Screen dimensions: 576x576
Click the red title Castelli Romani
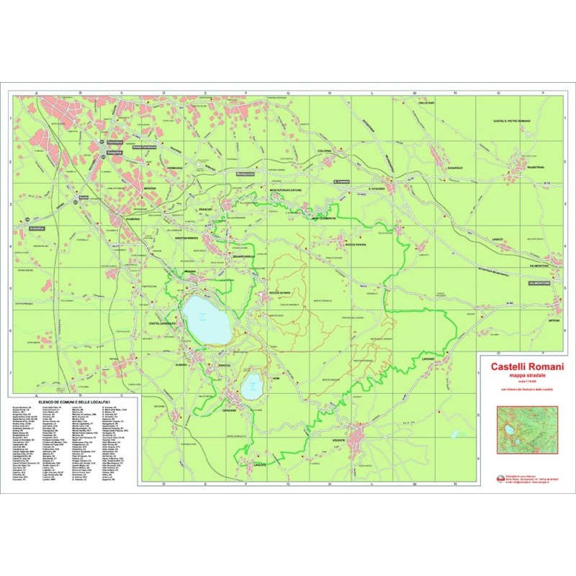pos(527,367)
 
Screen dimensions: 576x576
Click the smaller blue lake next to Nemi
pos(252,387)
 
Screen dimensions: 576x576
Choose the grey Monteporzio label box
pos(246,174)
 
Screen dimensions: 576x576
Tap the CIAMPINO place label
pos(131,219)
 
